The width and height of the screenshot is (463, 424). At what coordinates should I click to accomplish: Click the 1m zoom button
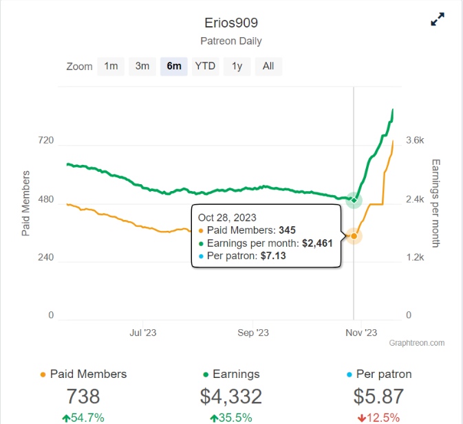click(x=111, y=66)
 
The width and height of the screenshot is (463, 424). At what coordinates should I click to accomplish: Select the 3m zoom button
click(x=142, y=66)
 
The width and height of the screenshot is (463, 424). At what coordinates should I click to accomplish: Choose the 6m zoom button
click(x=174, y=66)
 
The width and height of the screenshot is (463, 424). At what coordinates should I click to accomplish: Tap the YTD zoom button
click(x=205, y=66)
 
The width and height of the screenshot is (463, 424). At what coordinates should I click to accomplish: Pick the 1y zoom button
click(x=237, y=66)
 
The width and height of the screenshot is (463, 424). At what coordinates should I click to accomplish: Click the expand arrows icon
click(x=438, y=20)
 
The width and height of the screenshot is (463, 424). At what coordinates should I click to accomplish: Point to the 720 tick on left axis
click(x=46, y=141)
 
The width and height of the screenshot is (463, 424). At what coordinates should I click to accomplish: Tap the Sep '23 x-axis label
click(x=252, y=333)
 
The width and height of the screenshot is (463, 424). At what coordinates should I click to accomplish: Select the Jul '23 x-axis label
click(x=143, y=333)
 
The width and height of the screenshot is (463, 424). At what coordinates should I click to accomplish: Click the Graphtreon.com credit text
click(x=417, y=342)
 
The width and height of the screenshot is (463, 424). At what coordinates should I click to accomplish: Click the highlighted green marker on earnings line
click(x=354, y=201)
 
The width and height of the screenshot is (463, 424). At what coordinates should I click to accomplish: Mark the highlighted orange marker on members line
click(x=354, y=236)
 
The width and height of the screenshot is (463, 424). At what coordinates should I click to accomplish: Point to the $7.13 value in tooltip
click(x=271, y=256)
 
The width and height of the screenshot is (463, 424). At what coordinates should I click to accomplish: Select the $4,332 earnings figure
click(x=231, y=397)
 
